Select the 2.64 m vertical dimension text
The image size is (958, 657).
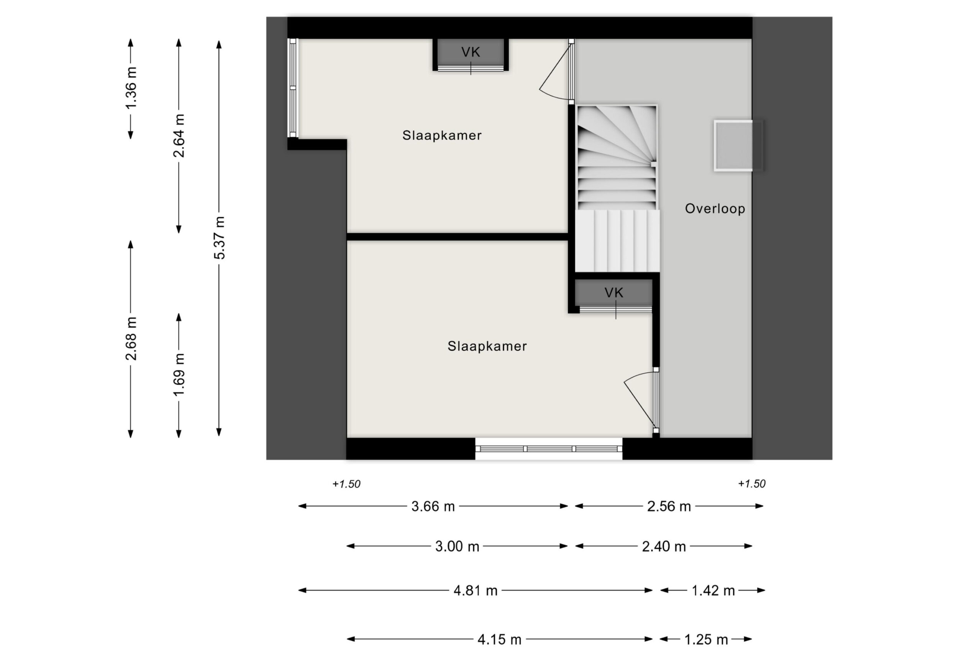pos(179,136)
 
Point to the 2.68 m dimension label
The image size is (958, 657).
pos(131,338)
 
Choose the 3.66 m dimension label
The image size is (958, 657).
pos(433,506)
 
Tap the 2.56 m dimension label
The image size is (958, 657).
pos(669,506)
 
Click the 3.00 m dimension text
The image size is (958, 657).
pos(457,547)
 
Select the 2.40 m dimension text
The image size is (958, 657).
pos(664,547)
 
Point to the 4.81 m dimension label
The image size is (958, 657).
pos(475,591)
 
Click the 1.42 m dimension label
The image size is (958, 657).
pos(713,591)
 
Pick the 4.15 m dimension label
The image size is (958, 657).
pos(499,640)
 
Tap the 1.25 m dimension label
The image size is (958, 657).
pos(706,640)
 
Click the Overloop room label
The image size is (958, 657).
pos(715,209)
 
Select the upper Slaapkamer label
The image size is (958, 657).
pos(442,135)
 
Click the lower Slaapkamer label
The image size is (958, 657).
pos(487,346)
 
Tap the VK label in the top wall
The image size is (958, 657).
pos(470,52)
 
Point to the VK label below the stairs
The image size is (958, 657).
pos(614,293)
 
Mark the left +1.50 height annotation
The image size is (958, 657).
pos(346,484)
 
